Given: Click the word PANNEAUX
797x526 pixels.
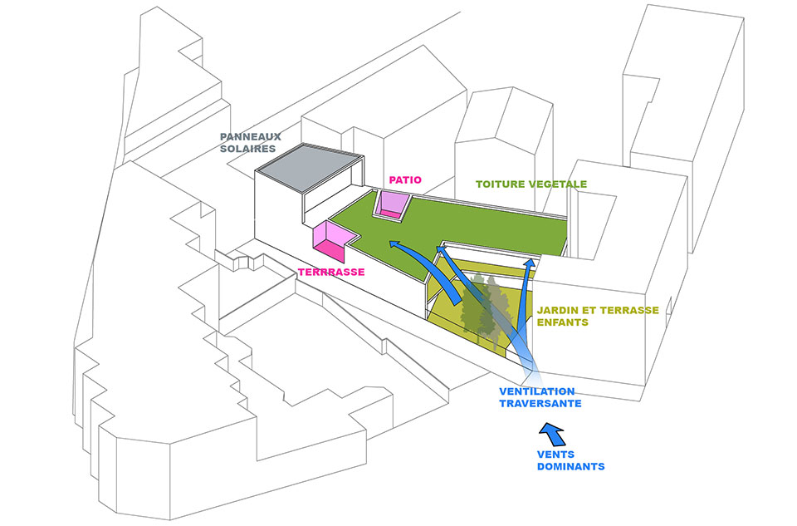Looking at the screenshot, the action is tap(250, 137).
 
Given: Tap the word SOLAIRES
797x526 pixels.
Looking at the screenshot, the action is tap(247, 149).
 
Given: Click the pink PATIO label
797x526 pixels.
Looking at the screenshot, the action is tap(405, 180).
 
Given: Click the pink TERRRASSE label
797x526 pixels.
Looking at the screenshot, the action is tap(331, 273).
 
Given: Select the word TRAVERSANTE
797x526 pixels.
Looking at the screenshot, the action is tap(540, 404).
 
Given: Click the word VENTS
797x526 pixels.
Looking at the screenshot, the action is tap(556, 455).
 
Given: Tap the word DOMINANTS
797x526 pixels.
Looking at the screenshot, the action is tap(571, 466).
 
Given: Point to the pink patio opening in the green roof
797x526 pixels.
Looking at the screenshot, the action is tap(393, 204).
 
